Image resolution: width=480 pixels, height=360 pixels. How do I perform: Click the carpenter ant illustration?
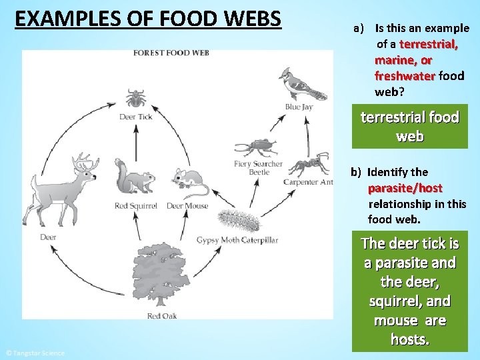(308, 163)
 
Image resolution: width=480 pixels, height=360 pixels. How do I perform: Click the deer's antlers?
(85, 162)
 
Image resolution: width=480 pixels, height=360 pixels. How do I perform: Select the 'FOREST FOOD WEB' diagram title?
(171, 53)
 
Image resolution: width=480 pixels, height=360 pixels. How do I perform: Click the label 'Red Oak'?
(162, 316)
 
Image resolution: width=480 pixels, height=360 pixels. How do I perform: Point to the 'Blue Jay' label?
(299, 107)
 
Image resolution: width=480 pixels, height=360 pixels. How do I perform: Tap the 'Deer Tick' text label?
(136, 117)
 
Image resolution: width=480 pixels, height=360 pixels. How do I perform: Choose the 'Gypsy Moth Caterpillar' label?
(237, 240)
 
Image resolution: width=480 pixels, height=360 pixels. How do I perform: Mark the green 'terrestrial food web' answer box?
(409, 126)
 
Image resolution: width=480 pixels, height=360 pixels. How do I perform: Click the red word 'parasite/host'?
(405, 188)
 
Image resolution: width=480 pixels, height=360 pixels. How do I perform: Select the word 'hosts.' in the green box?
(409, 339)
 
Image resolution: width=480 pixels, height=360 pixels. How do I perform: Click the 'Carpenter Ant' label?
(307, 182)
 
